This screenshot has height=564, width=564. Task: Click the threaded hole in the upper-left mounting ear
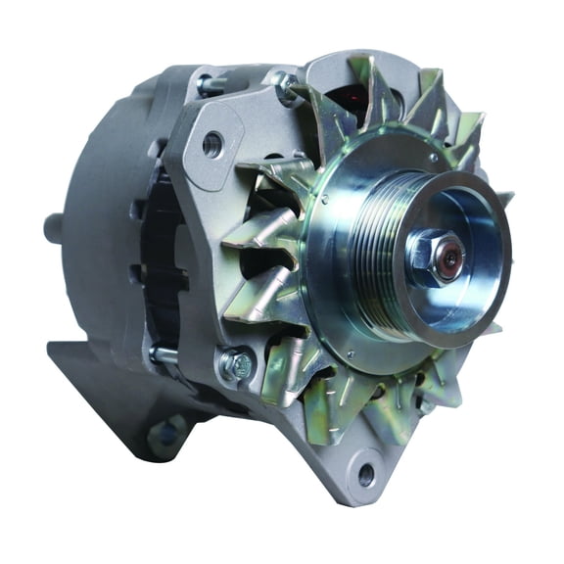212,146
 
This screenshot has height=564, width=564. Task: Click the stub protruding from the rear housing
53,227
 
